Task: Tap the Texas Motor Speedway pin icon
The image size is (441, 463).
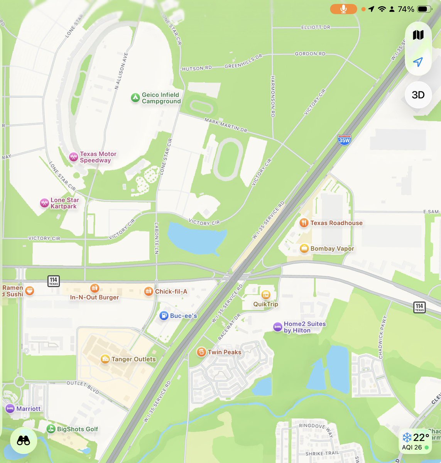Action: click(x=73, y=157)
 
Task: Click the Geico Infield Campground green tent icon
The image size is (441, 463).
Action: click(x=135, y=98)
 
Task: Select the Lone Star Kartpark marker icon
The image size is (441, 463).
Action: click(x=44, y=203)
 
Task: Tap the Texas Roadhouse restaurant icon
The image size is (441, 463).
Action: click(x=304, y=223)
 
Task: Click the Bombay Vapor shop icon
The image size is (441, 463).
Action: click(x=304, y=248)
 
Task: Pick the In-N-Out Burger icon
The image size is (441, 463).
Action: click(x=95, y=288)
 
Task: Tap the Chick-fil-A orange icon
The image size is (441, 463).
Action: click(x=149, y=291)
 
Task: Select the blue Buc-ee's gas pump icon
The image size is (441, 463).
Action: click(x=164, y=316)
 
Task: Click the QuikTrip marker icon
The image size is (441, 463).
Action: click(x=265, y=294)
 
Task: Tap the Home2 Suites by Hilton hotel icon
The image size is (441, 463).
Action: click(x=277, y=327)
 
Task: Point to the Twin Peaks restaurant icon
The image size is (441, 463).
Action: click(x=201, y=352)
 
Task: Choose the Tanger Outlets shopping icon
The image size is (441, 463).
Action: click(x=105, y=359)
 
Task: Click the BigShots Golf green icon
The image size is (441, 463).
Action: click(x=51, y=429)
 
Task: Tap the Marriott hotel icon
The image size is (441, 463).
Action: click(x=10, y=409)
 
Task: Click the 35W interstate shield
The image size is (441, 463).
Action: click(x=344, y=140)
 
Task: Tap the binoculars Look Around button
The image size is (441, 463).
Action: click(x=24, y=440)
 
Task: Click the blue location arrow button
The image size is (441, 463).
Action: click(x=418, y=62)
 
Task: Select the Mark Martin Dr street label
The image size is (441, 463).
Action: click(x=226, y=125)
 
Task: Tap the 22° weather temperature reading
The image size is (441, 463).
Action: click(x=421, y=438)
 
